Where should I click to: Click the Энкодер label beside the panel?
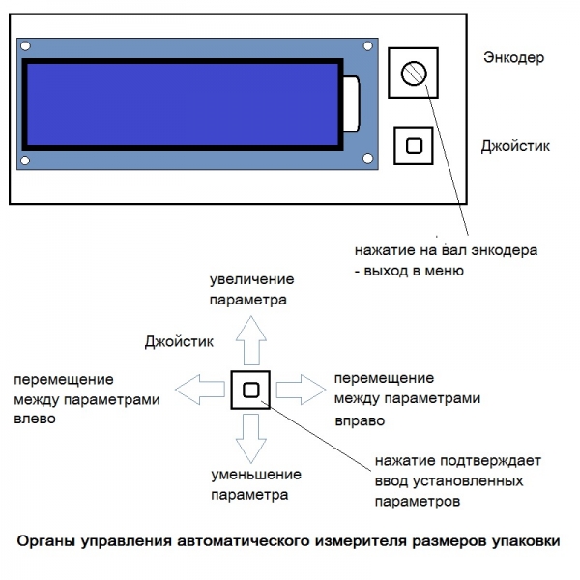514,58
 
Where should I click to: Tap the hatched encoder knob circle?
414,73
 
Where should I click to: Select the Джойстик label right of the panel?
515,147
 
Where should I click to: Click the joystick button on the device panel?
414,146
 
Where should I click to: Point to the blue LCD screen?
183,104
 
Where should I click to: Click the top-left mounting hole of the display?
25,46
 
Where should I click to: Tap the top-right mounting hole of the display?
367,46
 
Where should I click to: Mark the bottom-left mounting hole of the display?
25,160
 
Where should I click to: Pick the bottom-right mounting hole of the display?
367,159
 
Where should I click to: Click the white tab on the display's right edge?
352,104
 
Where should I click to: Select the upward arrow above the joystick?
251,340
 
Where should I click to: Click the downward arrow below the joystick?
251,439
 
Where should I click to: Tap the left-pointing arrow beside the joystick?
200,390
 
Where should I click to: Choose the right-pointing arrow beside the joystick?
301,390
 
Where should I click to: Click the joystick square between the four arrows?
250,390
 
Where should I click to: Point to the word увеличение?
252,279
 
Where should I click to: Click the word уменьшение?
256,475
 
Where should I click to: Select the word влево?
35,420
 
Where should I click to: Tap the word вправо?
360,421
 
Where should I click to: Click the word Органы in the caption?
47,542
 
